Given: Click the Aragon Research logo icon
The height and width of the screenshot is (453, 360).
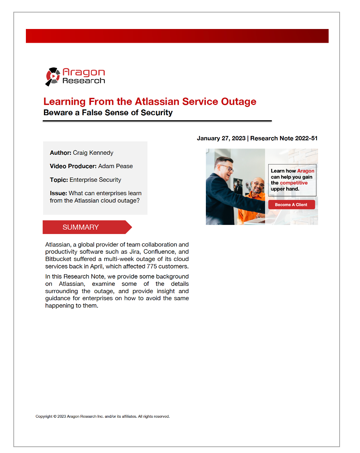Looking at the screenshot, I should coord(53,76).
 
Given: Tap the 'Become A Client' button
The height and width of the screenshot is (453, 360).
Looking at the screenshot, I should coord(291,205).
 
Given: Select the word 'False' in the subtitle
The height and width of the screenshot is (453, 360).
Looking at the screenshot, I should coord(93,113).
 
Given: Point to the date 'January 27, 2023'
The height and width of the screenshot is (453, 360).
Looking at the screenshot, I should coord(221,138).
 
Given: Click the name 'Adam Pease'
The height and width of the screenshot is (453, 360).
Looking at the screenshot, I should coord(115,166).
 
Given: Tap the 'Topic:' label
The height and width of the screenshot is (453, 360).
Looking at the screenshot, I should coord(59,180).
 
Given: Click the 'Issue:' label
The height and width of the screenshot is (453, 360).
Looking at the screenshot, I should coord(58,193).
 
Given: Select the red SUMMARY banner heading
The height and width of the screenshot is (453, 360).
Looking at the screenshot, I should coord(81,227).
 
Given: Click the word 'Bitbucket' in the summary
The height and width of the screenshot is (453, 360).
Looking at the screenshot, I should coord(58,259).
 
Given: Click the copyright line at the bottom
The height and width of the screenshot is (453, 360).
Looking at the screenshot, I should coord(102,417).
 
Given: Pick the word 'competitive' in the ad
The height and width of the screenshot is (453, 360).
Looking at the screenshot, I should coord(294,183).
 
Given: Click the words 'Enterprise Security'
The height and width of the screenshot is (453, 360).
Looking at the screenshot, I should coord(95,180).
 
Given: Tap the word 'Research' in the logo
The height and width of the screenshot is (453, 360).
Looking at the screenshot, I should coord(84,81).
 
